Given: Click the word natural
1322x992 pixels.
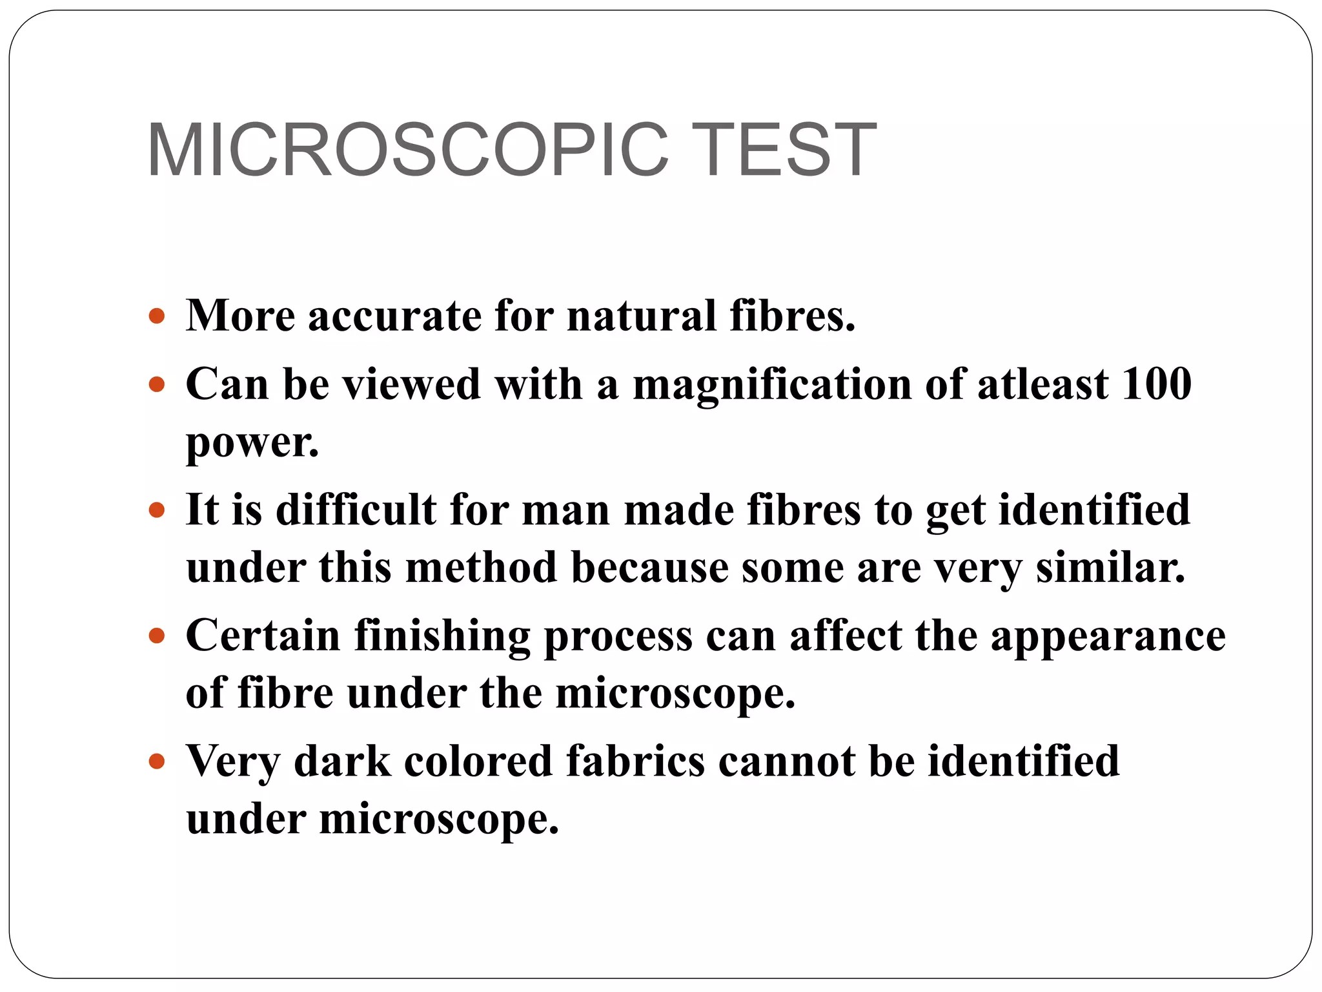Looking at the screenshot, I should [642, 316].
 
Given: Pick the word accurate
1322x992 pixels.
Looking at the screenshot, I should [394, 316].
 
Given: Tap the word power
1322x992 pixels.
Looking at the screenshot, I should [252, 444].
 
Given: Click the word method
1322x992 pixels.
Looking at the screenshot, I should [481, 568].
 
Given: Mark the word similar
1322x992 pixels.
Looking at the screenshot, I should [1110, 568].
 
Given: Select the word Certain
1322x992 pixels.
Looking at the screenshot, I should [263, 635].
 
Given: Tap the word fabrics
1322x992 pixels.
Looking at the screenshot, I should [635, 761].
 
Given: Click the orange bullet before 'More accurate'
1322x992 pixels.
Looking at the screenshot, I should [157, 316].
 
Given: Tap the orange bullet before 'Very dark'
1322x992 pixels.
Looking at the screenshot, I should [157, 761].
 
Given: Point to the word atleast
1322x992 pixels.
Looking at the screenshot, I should [1042, 384].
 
